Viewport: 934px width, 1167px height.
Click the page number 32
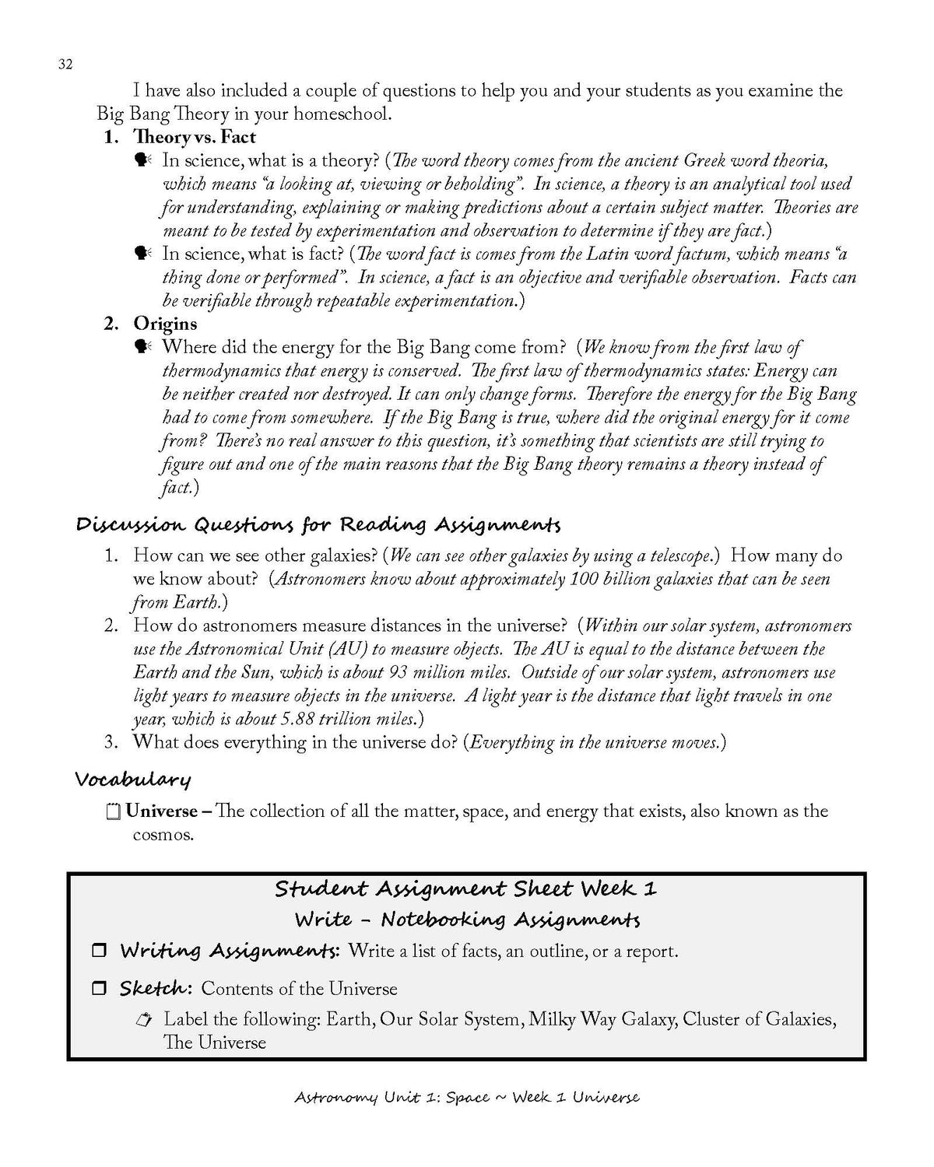(x=65, y=65)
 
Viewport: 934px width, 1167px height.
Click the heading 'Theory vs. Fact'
(x=195, y=138)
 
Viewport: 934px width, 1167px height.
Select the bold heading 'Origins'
(x=165, y=324)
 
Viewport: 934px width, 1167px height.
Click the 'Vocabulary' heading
(x=133, y=779)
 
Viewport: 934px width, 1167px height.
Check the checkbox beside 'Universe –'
(x=113, y=812)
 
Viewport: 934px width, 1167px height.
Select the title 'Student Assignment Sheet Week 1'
(x=466, y=889)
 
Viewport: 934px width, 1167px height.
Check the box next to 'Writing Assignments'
(x=99, y=951)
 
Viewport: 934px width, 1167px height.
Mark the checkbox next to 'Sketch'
(x=99, y=989)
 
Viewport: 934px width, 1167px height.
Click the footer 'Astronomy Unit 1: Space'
(x=392, y=1098)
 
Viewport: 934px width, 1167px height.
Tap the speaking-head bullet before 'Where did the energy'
(x=142, y=347)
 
